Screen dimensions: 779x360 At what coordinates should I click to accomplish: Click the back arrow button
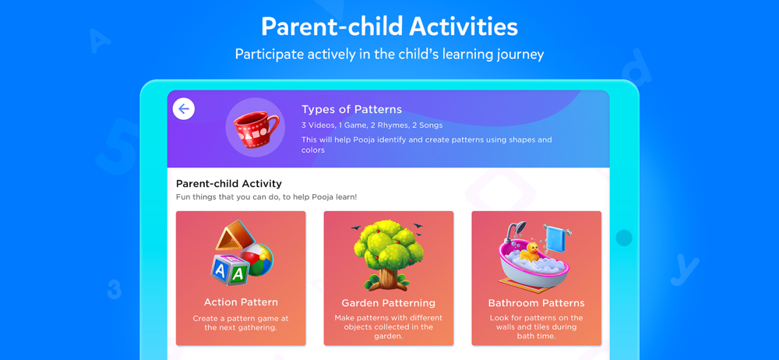(x=184, y=109)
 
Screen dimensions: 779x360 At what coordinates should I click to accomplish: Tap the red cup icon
(x=256, y=128)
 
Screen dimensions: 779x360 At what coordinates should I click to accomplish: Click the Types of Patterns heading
(x=352, y=109)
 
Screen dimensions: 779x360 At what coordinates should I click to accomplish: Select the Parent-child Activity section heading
(x=228, y=184)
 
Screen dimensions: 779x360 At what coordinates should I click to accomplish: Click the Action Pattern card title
(x=241, y=302)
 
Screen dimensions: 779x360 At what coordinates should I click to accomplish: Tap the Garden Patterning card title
(x=389, y=303)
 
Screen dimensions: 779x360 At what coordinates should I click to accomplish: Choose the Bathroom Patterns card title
(x=537, y=303)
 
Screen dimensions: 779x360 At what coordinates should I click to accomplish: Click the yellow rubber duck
(x=532, y=252)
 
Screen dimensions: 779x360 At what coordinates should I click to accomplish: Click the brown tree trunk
(x=387, y=278)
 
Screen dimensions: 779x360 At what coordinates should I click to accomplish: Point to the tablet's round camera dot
(x=624, y=238)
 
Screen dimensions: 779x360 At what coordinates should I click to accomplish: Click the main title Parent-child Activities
(x=389, y=26)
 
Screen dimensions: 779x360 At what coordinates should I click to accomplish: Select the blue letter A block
(x=220, y=271)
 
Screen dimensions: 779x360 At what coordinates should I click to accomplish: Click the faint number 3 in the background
(x=115, y=289)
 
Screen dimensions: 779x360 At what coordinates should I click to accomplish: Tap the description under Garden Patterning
(x=389, y=326)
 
